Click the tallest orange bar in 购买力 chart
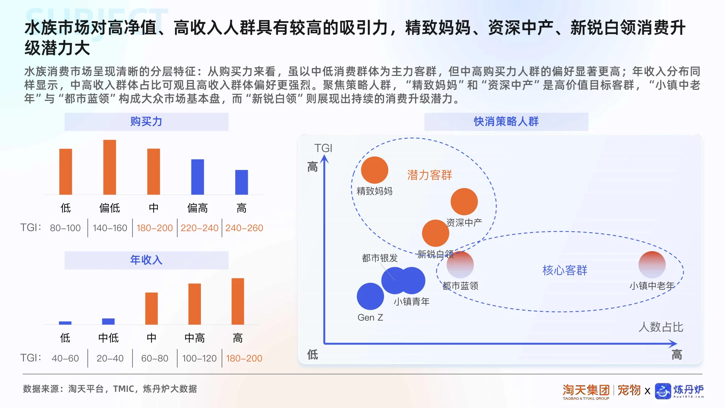tap(110, 167)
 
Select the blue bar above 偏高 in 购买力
tap(197, 177)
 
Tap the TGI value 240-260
tap(244, 228)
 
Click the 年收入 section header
tap(146, 260)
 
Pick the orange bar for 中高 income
tap(194, 304)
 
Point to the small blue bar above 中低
tap(108, 321)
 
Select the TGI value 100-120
tap(199, 358)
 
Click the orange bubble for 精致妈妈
tap(374, 170)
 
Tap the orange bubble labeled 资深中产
tap(464, 202)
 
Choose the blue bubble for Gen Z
tap(370, 296)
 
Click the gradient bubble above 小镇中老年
tap(652, 264)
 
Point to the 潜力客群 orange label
tap(429, 175)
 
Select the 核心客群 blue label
tap(565, 270)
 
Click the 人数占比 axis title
tap(661, 327)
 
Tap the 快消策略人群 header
tap(506, 122)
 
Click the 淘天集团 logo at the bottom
tap(586, 391)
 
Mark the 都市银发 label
tap(379, 258)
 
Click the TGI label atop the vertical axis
tap(323, 148)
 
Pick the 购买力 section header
tap(146, 122)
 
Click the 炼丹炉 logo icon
tap(663, 391)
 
